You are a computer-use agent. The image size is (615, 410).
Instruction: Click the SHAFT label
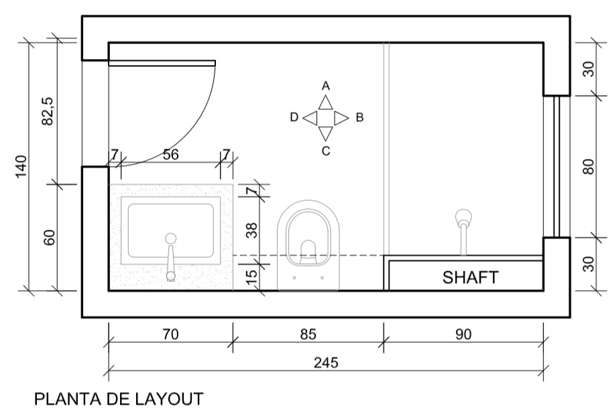tap(470, 277)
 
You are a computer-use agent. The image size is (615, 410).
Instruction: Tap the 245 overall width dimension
tap(326, 362)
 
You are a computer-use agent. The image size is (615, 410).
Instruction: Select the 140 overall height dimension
tap(21, 167)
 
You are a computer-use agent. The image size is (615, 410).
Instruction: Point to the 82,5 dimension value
tap(48, 111)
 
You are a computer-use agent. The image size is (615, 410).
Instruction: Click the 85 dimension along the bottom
tap(309, 334)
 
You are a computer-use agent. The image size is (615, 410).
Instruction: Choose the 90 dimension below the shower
tap(463, 334)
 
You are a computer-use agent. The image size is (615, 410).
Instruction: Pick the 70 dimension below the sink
tap(170, 334)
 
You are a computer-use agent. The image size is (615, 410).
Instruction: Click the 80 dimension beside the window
tap(589, 167)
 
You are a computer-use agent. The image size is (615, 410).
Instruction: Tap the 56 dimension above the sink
tap(170, 155)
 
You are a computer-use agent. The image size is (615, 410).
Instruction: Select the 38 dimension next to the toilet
tap(251, 230)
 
